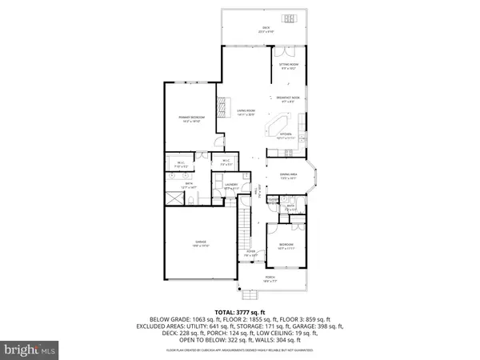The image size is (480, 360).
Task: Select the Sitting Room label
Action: click(x=288, y=66)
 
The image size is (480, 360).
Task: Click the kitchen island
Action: click(x=282, y=127)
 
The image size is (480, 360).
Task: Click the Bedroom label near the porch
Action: click(x=286, y=246)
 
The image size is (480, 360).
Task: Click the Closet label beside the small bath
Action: click(x=273, y=199)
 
